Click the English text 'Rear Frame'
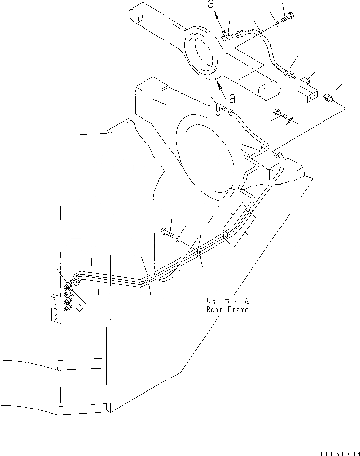pos(228,309)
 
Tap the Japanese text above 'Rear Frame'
pos(228,301)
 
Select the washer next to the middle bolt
pos(178,239)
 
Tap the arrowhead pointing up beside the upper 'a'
pos(217,16)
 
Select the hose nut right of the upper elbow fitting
pos(240,34)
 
